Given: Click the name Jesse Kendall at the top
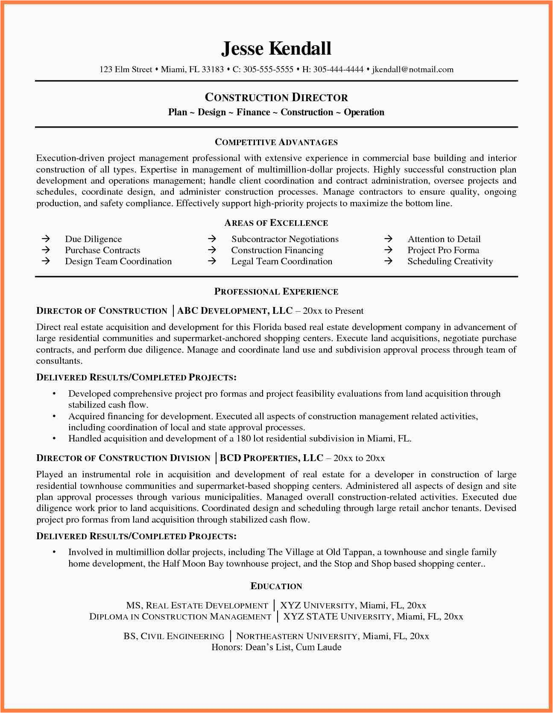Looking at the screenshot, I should click(x=276, y=49).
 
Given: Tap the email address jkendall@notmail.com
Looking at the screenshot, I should click(x=413, y=70).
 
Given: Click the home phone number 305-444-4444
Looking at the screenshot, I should click(x=338, y=70).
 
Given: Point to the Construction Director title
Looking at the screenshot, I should click(x=276, y=97).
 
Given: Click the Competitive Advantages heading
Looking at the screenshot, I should click(x=276, y=142).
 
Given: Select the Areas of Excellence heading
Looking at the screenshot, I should click(x=276, y=223).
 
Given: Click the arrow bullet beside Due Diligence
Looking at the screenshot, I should click(x=46, y=239).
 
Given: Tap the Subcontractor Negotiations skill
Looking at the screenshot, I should click(x=285, y=239).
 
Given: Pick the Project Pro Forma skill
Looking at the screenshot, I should click(x=443, y=250).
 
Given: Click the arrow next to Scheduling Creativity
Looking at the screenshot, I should click(x=388, y=261).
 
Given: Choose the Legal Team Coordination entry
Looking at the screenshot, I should click(x=281, y=261).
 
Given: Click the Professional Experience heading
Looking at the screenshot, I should click(x=276, y=292).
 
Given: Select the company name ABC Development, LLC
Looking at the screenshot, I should click(x=235, y=311).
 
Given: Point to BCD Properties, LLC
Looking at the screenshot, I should click(x=271, y=458).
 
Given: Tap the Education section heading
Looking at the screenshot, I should click(x=276, y=586).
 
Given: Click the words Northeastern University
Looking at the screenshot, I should click(x=297, y=636).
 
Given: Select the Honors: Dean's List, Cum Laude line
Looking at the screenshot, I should click(x=276, y=647).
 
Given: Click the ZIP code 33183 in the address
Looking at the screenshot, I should click(x=213, y=70).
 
